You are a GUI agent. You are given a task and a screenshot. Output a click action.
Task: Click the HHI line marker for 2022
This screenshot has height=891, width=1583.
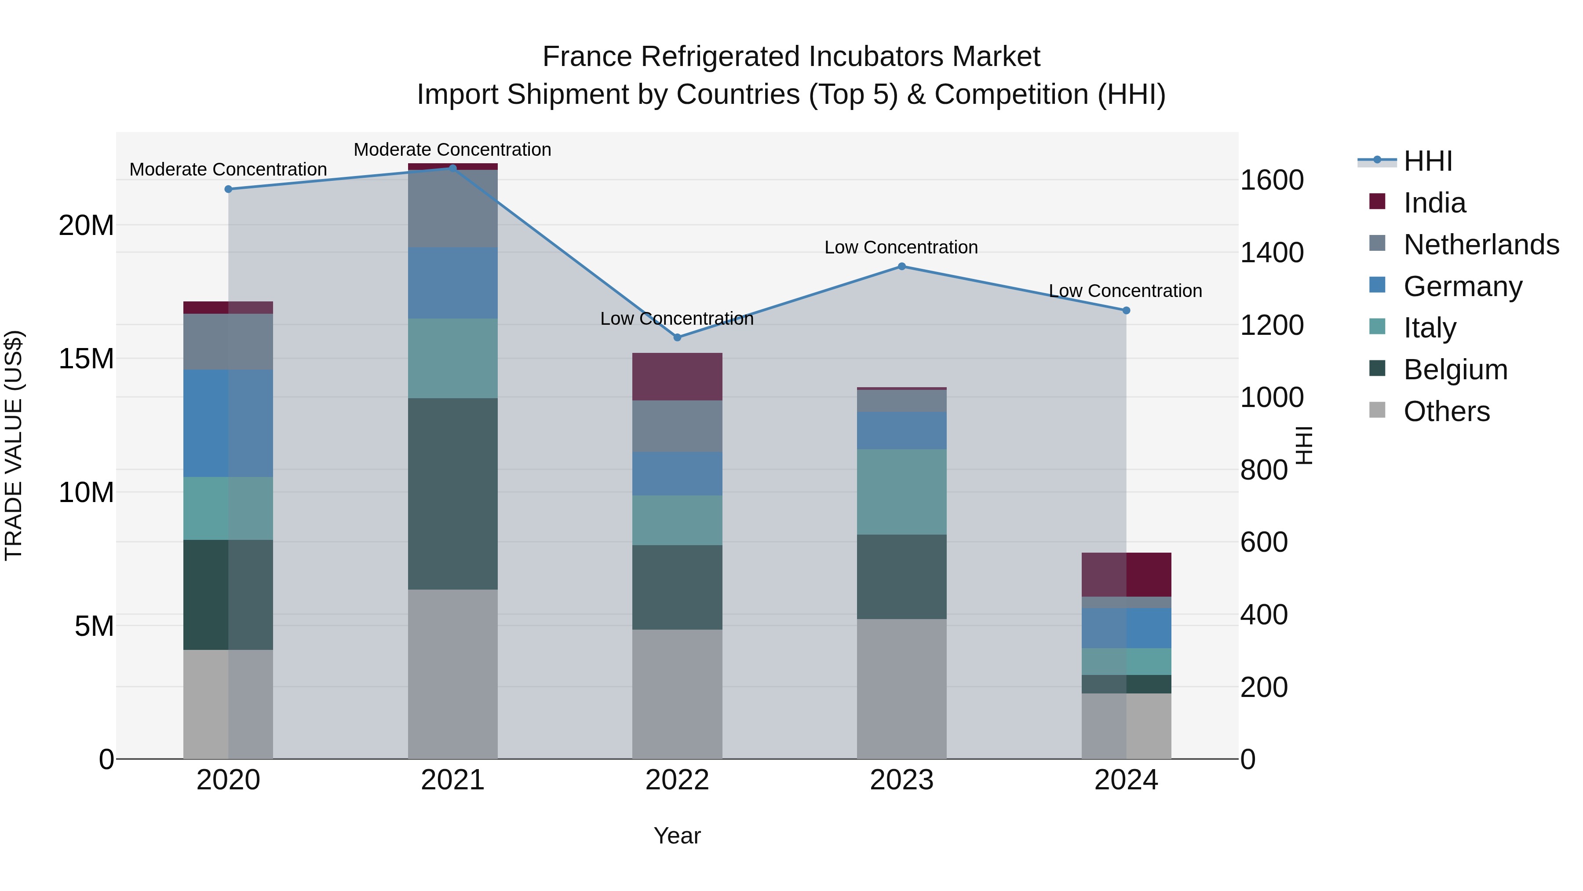[677, 337]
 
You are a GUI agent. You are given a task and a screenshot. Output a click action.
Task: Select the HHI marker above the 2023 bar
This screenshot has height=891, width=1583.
[901, 266]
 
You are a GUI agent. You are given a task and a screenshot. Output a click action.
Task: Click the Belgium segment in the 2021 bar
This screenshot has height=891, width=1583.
[452, 494]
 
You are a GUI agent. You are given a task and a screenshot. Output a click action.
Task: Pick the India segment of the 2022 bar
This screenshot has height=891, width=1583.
[677, 376]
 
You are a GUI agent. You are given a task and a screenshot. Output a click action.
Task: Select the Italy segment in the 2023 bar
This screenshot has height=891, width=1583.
[901, 491]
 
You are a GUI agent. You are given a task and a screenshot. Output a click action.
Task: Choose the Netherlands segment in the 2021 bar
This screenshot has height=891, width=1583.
[452, 209]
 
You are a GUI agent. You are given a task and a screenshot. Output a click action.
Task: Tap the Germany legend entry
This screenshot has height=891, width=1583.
[1463, 286]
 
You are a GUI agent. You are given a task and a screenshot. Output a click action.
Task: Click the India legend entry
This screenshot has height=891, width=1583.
[1434, 203]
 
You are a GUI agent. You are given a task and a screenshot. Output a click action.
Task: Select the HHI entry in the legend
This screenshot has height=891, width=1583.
[1427, 161]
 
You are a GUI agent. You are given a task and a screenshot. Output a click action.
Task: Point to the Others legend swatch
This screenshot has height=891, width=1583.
[1377, 410]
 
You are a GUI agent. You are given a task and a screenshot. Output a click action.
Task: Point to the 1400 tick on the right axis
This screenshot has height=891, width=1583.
[1271, 253]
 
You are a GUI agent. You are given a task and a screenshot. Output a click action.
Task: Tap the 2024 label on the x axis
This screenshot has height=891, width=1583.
[1126, 780]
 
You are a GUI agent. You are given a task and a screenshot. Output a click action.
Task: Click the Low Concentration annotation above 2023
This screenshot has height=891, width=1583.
[901, 247]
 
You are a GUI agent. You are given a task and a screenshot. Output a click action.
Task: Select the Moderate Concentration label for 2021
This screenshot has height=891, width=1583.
[452, 150]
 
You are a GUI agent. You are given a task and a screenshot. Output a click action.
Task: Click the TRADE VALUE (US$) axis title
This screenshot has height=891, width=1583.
[14, 445]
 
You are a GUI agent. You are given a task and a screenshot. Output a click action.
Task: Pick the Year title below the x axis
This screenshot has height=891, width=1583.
[677, 836]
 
